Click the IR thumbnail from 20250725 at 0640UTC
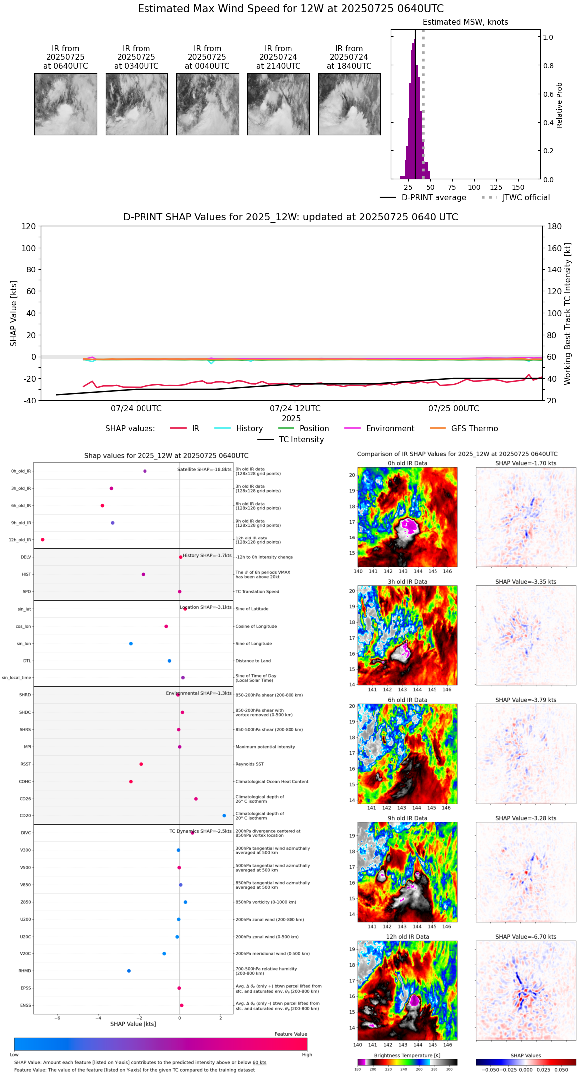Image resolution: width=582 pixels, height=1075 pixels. click(65, 104)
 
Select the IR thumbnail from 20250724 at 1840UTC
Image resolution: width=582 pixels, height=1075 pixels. click(349, 104)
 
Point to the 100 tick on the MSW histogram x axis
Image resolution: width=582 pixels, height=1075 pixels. click(474, 187)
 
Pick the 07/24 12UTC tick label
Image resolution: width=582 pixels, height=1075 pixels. click(295, 409)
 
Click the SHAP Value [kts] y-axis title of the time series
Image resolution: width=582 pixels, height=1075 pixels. click(14, 313)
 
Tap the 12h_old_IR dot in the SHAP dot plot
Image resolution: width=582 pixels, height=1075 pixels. click(43, 540)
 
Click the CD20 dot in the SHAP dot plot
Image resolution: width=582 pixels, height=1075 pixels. click(224, 816)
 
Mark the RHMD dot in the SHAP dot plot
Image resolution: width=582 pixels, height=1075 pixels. click(129, 971)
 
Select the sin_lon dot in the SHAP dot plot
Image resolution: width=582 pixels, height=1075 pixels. click(131, 644)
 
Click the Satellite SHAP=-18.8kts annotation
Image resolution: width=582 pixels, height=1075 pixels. click(204, 470)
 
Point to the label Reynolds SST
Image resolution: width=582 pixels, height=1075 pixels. click(249, 764)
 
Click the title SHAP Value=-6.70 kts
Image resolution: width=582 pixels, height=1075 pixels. click(526, 937)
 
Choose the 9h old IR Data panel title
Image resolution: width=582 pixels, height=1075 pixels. click(407, 818)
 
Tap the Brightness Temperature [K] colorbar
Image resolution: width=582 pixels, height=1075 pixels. click(407, 1062)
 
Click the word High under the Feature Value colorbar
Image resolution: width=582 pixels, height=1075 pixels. click(307, 1055)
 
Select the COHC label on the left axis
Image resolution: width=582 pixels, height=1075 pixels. click(25, 782)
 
